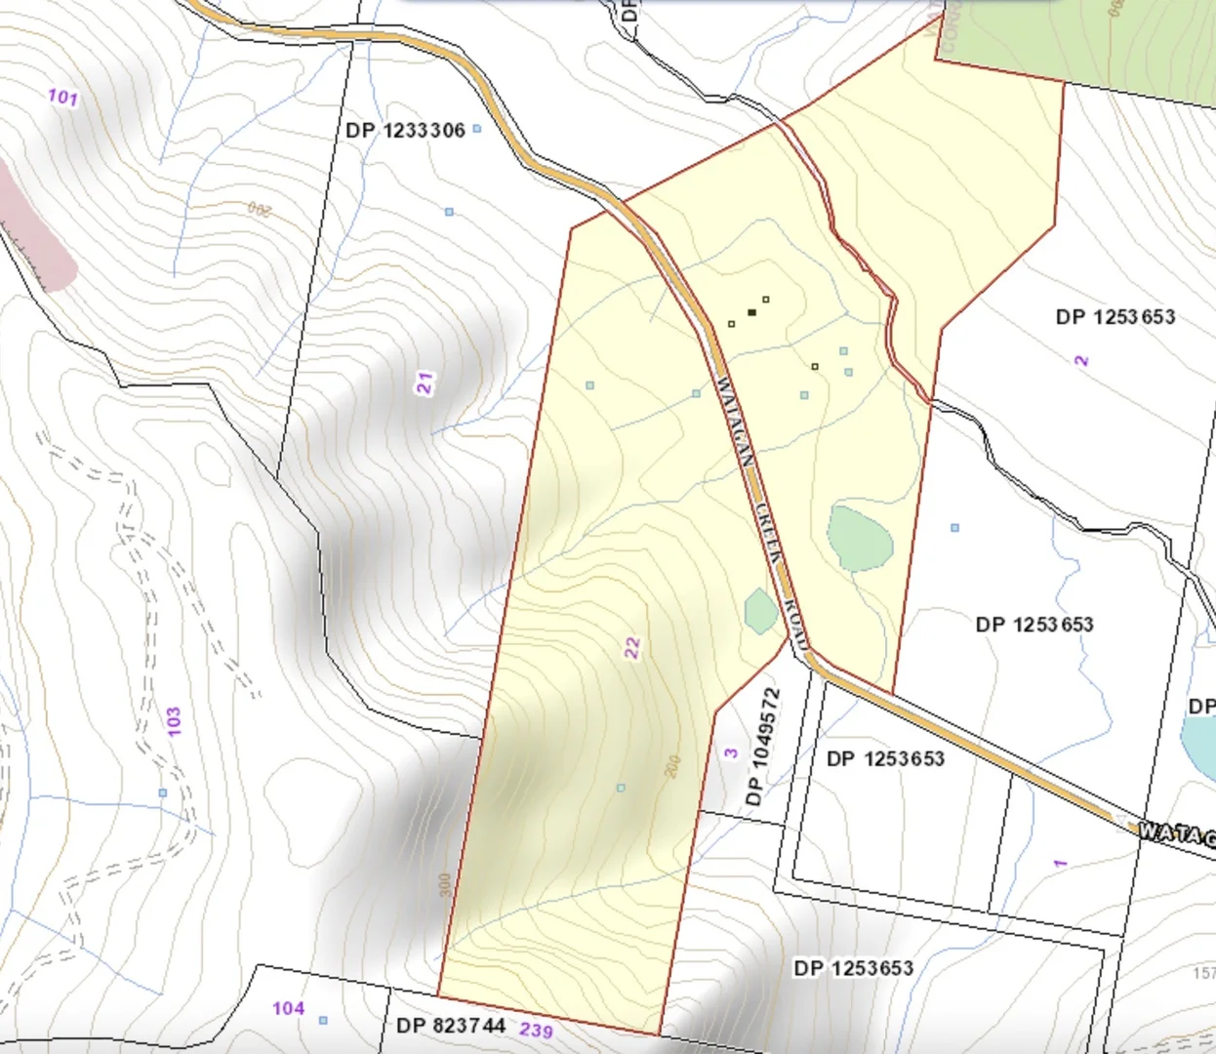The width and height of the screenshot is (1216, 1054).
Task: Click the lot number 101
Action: (x=62, y=97)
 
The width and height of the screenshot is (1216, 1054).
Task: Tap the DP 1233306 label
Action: (x=405, y=130)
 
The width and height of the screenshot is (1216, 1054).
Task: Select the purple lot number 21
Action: (x=426, y=384)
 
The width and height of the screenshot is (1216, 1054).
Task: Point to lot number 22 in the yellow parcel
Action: (x=632, y=648)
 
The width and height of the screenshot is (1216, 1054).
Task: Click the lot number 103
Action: (x=174, y=722)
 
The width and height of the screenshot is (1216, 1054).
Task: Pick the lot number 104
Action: (x=288, y=1008)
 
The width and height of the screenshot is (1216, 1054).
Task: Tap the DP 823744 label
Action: (x=451, y=1026)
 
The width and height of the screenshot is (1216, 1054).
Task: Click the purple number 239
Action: (x=536, y=1030)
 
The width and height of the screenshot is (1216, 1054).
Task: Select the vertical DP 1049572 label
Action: (x=764, y=747)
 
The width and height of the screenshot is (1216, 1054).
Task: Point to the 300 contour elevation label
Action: (x=445, y=886)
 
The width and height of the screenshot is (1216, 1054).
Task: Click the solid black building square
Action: (x=751, y=312)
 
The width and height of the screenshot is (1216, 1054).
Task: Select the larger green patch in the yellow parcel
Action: (x=859, y=538)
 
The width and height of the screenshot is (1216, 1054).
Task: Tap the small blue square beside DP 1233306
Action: (x=477, y=129)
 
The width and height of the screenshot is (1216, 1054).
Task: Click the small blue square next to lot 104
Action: (x=323, y=1021)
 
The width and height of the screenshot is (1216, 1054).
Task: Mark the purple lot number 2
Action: (x=1081, y=360)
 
